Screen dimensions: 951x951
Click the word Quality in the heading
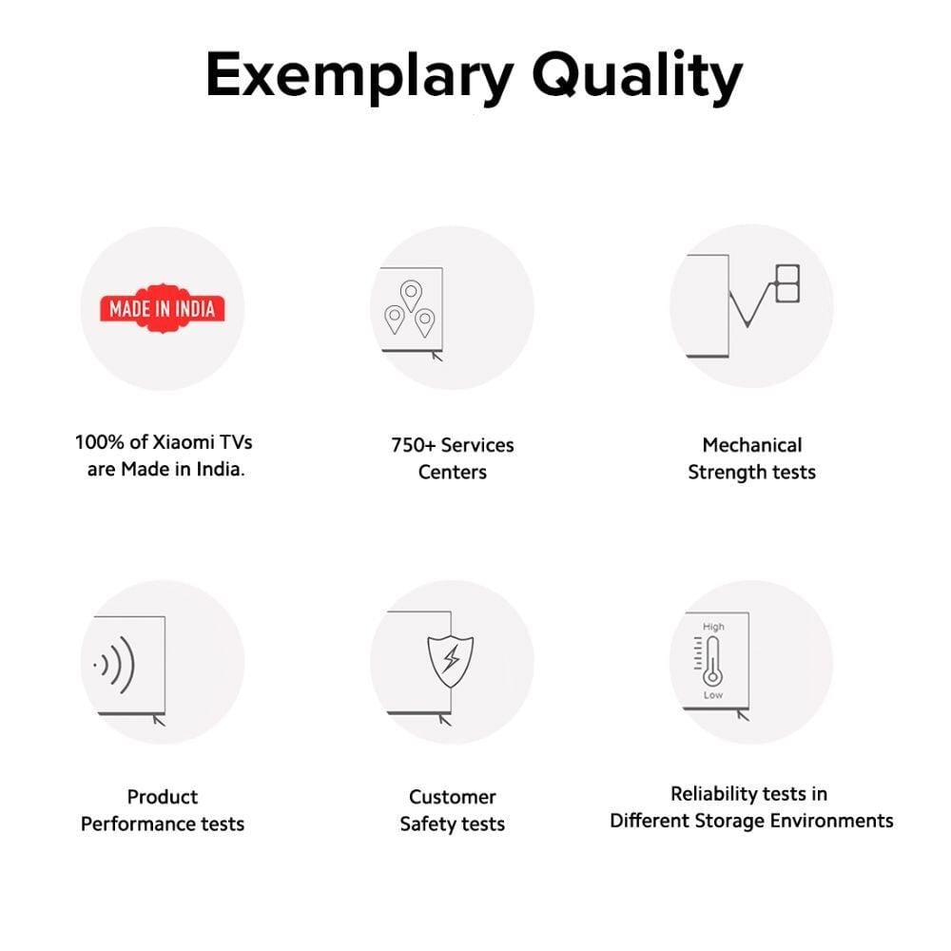637,76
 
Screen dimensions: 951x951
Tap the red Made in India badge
163,309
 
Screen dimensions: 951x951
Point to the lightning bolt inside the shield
451,659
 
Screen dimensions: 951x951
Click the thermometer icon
712,662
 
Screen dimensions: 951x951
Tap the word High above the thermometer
713,627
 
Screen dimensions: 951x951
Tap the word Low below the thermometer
713,695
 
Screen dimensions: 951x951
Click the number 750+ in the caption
414,445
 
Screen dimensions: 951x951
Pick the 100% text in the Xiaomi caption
100,442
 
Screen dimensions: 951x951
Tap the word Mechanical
752,445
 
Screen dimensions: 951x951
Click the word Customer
453,797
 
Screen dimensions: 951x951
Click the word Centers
453,473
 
